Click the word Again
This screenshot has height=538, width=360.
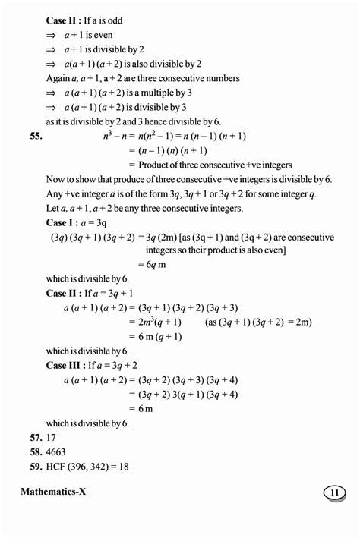(58, 79)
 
